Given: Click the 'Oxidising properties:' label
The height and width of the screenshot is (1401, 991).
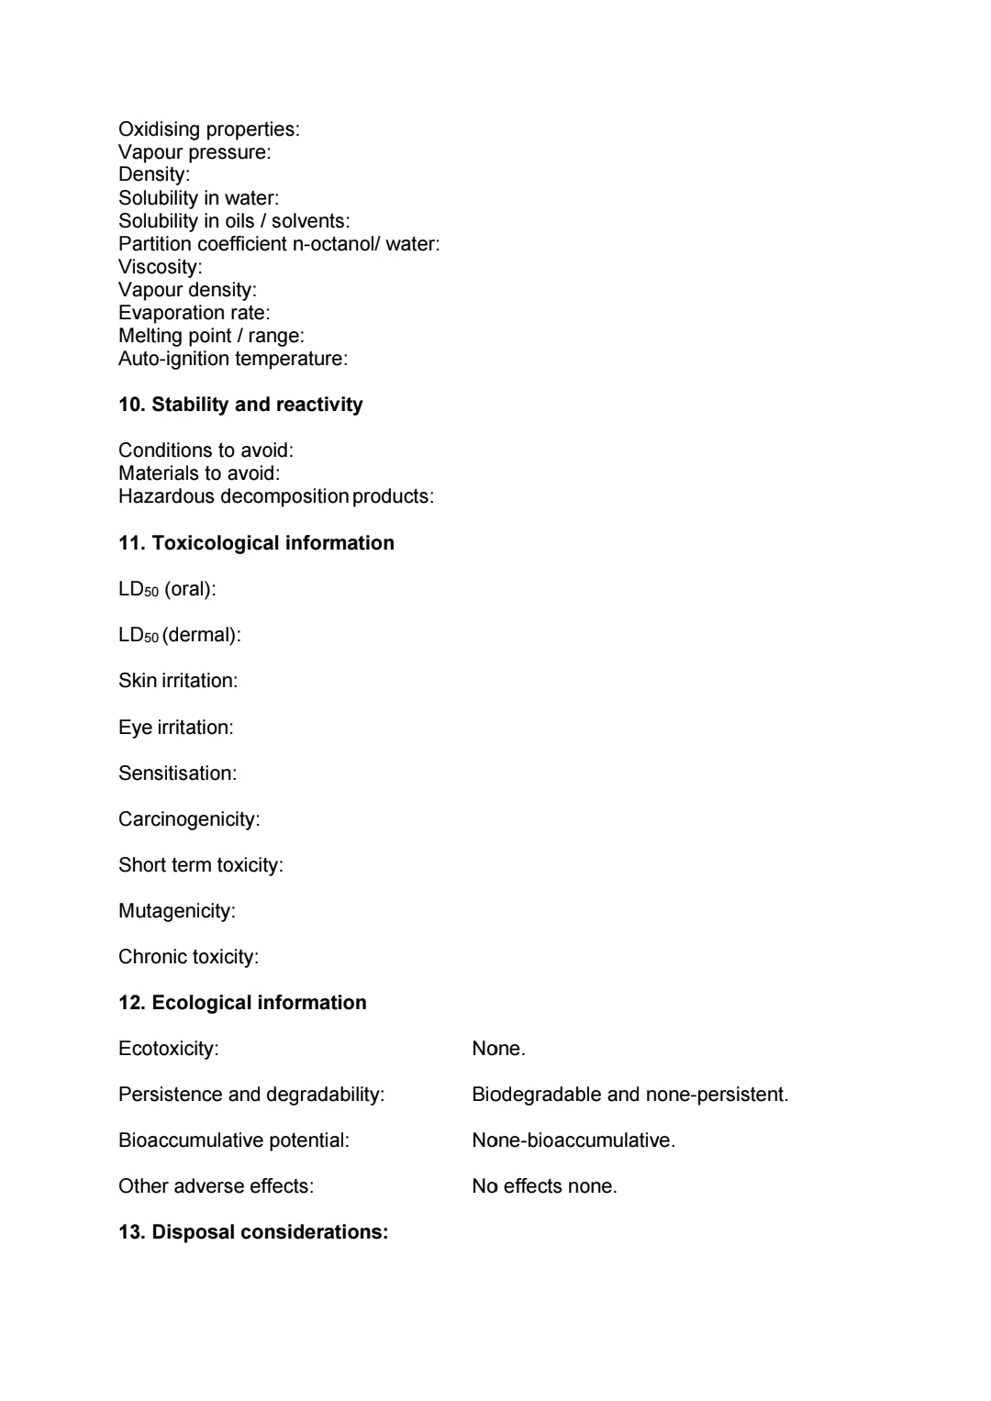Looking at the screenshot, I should coord(208,129).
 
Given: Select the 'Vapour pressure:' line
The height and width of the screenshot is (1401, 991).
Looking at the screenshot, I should coord(195,152).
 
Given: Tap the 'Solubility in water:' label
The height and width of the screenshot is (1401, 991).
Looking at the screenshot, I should coord(198,198).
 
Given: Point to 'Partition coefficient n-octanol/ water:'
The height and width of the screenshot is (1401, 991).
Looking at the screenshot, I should coord(279,244).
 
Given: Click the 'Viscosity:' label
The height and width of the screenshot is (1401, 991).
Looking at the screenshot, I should coord(160,267).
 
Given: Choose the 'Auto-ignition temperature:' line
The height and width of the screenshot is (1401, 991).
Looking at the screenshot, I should coord(233,359).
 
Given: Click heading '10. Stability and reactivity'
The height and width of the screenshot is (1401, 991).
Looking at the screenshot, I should coord(240,405).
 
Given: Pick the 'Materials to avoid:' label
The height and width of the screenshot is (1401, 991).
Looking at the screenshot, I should coord(199,473).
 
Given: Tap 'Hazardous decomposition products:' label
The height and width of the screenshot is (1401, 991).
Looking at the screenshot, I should coord(276,496).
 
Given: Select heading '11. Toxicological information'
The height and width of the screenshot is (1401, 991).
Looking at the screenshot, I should coord(256,543).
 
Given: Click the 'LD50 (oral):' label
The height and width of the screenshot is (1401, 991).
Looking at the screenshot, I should coord(167,589).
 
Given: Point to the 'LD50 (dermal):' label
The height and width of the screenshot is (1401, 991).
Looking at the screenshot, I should coord(180,635).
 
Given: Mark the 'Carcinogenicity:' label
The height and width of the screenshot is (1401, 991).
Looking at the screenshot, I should coord(189,819).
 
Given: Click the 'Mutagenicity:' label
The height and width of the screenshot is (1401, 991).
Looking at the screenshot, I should coord(177,911).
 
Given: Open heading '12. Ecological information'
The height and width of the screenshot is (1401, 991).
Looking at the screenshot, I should coord(242,1003).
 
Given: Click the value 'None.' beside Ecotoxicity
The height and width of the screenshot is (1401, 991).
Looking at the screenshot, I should coord(498,1049).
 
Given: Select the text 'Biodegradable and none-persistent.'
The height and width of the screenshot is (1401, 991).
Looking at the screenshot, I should coord(629,1095).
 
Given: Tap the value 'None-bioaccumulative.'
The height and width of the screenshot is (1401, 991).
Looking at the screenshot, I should coord(573,1140).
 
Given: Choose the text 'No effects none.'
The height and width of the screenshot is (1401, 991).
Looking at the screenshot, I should coord(544,1186).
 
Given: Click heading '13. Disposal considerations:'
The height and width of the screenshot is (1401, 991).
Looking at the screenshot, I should coord(253,1232).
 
